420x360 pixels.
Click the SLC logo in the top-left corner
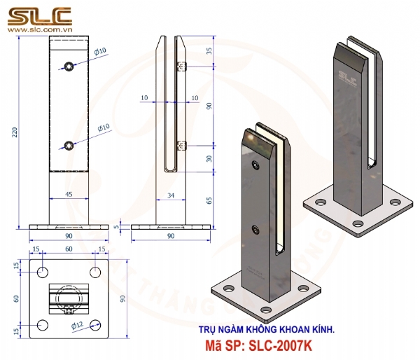point(39,15)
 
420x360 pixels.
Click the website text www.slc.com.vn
point(39,32)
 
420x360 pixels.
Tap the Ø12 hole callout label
point(79,324)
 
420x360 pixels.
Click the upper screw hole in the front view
point(69,67)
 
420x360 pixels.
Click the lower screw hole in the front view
point(69,146)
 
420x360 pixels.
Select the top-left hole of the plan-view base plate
point(43,271)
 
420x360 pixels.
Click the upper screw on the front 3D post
point(253,166)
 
